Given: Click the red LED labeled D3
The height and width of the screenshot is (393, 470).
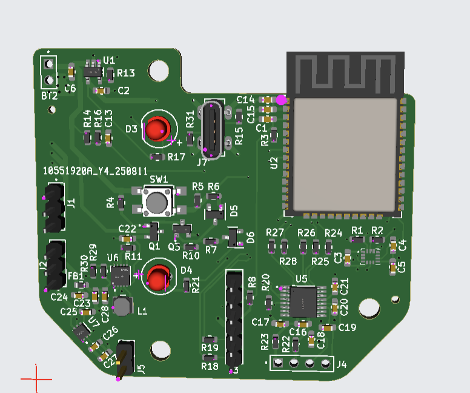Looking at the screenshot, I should (157, 129).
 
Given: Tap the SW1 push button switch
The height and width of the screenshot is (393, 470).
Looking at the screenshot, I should (157, 202).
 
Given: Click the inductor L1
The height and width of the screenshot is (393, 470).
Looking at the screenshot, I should (123, 306).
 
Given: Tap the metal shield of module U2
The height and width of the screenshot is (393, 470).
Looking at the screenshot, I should (345, 155).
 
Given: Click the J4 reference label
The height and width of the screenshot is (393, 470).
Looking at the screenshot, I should (342, 365).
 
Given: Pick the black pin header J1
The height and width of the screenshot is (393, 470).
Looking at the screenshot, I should (54, 209).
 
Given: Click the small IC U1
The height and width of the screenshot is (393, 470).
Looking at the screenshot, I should (92, 72).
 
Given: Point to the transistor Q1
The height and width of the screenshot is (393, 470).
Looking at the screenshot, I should (153, 231).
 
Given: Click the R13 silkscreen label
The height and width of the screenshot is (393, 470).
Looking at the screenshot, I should (126, 73).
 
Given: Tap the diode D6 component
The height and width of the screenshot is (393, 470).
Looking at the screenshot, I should (233, 237).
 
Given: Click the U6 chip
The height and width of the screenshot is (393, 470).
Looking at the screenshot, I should (121, 275).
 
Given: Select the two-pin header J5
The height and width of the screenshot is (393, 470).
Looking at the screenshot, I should (125, 360).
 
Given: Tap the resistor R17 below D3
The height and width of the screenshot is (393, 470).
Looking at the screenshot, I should (157, 157).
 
